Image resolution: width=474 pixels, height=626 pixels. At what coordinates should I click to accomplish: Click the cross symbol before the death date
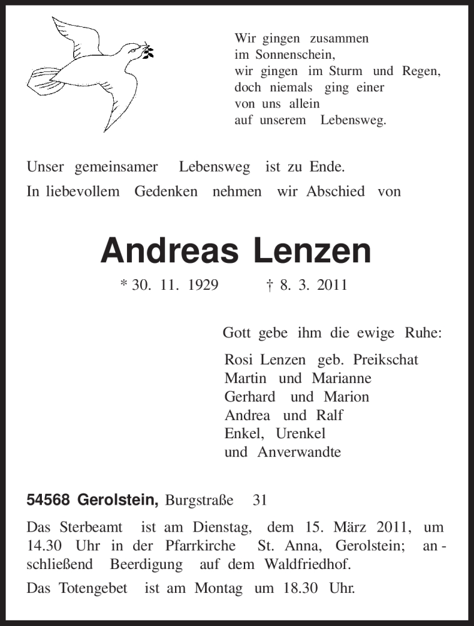pyautogui.click(x=269, y=285)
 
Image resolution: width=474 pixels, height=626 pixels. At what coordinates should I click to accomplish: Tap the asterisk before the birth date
pyautogui.click(x=123, y=285)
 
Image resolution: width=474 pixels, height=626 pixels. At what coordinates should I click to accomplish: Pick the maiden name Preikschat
pyautogui.click(x=385, y=360)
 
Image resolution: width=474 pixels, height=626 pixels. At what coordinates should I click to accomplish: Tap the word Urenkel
pyautogui.click(x=305, y=433)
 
